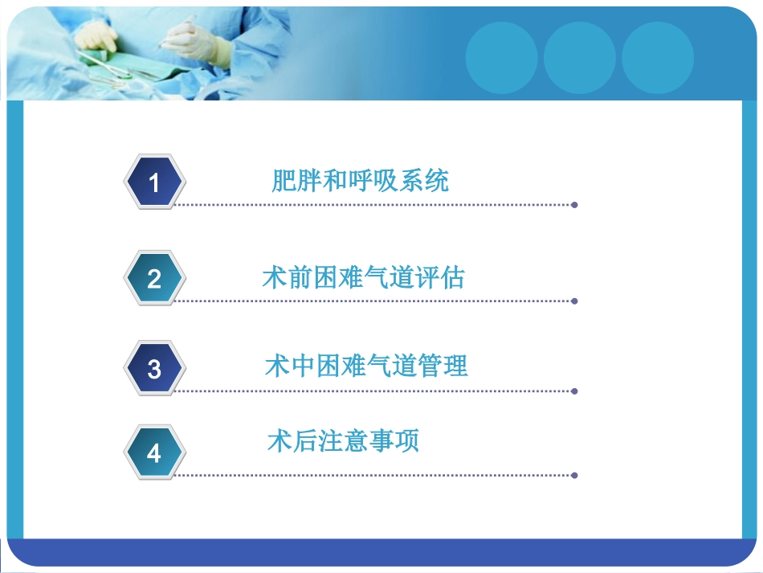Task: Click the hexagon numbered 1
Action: click(x=155, y=182)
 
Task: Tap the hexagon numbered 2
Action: click(x=155, y=278)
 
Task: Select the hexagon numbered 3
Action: click(x=155, y=369)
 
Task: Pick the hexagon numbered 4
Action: click(x=155, y=453)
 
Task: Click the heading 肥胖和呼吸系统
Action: click(x=360, y=181)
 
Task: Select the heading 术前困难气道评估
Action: click(x=363, y=278)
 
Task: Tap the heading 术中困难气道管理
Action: click(x=366, y=366)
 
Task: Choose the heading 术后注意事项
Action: click(x=343, y=441)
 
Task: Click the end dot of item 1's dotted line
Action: click(x=574, y=205)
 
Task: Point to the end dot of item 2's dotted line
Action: click(x=574, y=301)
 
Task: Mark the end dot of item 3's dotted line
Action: click(x=574, y=391)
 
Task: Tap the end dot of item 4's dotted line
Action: click(x=574, y=475)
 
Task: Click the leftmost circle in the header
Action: click(x=501, y=57)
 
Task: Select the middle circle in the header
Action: click(x=579, y=57)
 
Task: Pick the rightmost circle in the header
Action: click(x=657, y=57)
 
